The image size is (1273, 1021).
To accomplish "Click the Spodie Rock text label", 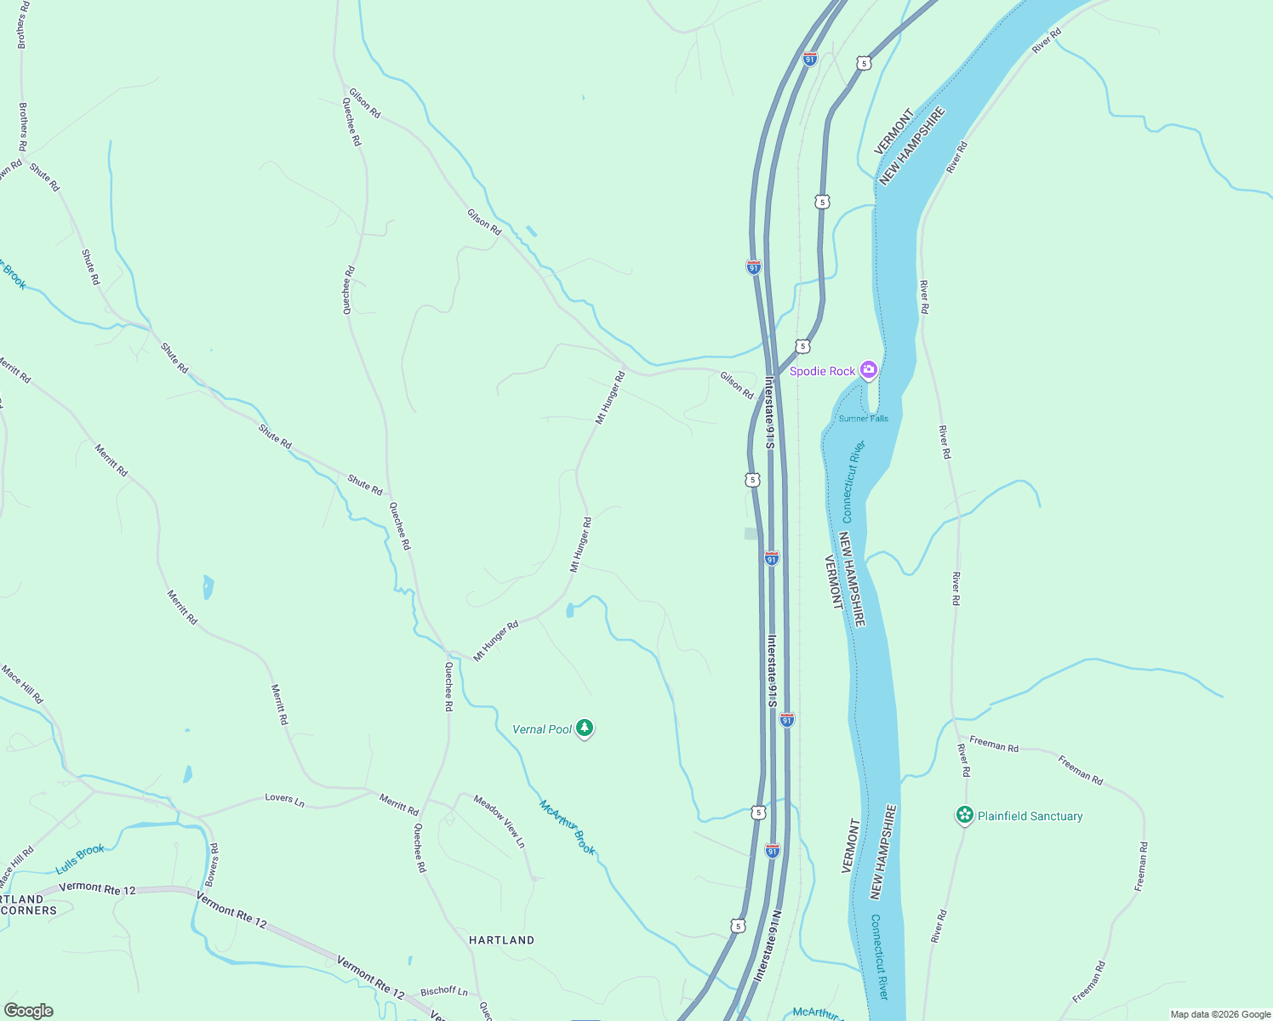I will pyautogui.click(x=822, y=371).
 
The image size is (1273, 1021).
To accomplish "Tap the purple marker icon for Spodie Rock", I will pyautogui.click(x=868, y=369).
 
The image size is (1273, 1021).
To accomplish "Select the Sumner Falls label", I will pyautogui.click(x=863, y=419).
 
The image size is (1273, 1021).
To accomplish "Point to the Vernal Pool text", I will pyautogui.click(x=542, y=729).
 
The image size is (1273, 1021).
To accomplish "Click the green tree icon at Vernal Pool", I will pyautogui.click(x=584, y=727).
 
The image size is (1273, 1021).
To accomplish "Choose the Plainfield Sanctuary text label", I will pyautogui.click(x=1030, y=816).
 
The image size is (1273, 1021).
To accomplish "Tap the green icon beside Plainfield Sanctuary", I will pyautogui.click(x=964, y=815).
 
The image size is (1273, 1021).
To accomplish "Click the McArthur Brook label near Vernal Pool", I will pyautogui.click(x=568, y=827).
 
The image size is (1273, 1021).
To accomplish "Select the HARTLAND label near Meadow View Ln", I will pyautogui.click(x=501, y=940).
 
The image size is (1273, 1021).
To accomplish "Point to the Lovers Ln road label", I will pyautogui.click(x=284, y=799).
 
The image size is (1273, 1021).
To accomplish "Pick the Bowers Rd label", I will pyautogui.click(x=213, y=864).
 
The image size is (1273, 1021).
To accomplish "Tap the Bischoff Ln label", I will pyautogui.click(x=444, y=991).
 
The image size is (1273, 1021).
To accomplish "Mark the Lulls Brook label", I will pyautogui.click(x=80, y=858).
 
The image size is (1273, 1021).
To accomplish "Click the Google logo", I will pyautogui.click(x=28, y=1011).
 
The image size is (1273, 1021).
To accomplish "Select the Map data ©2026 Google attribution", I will pyautogui.click(x=1220, y=1014).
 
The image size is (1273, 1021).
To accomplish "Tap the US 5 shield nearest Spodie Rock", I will pyautogui.click(x=802, y=346).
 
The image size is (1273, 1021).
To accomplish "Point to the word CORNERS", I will pyautogui.click(x=29, y=910).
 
